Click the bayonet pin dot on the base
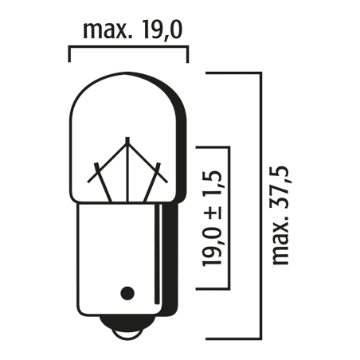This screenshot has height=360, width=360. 126,292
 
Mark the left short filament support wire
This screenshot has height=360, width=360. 97,178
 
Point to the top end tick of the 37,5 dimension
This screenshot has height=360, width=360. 235,72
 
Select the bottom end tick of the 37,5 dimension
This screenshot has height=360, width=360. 235,335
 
